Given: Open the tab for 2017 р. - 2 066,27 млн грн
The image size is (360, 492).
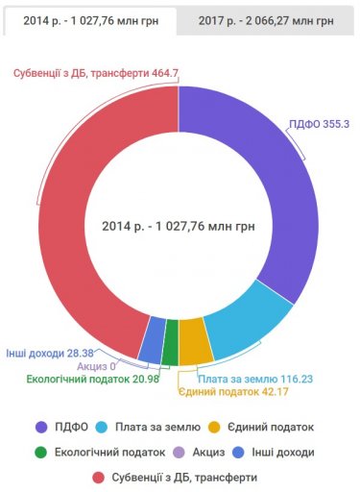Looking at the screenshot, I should pos(268,19).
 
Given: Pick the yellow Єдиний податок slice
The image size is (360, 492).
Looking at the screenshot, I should pos(195,347).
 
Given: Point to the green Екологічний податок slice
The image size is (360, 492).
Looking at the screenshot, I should pos(171,349).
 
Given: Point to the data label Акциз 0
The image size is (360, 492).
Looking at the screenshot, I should pos(96,365).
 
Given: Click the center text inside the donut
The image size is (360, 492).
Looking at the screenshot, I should pos(178,227).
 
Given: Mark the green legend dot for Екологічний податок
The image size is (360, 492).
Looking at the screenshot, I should pos(40,452).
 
